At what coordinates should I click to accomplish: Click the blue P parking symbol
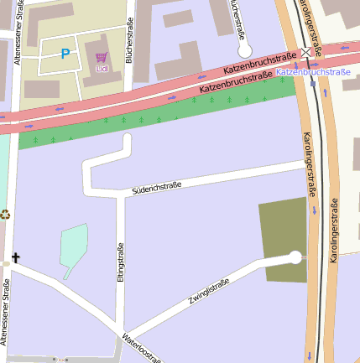point(65,54)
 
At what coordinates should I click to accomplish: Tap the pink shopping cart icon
point(102,57)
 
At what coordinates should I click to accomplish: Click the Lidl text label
point(102,67)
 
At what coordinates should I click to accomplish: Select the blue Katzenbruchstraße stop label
point(313,73)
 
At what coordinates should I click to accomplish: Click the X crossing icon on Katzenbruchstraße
point(306,52)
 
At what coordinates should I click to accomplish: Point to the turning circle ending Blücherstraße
point(245,49)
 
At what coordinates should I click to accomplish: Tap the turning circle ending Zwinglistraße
point(295,257)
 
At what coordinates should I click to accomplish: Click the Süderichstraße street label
point(157,189)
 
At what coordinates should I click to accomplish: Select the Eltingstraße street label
point(121,262)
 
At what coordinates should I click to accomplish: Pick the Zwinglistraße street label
point(209,290)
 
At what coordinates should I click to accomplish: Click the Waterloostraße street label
point(141,348)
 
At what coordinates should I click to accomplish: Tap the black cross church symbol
point(14,258)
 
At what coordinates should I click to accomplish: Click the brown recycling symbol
point(4,215)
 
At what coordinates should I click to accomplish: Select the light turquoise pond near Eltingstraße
point(73,247)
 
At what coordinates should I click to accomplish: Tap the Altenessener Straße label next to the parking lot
point(17,34)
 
